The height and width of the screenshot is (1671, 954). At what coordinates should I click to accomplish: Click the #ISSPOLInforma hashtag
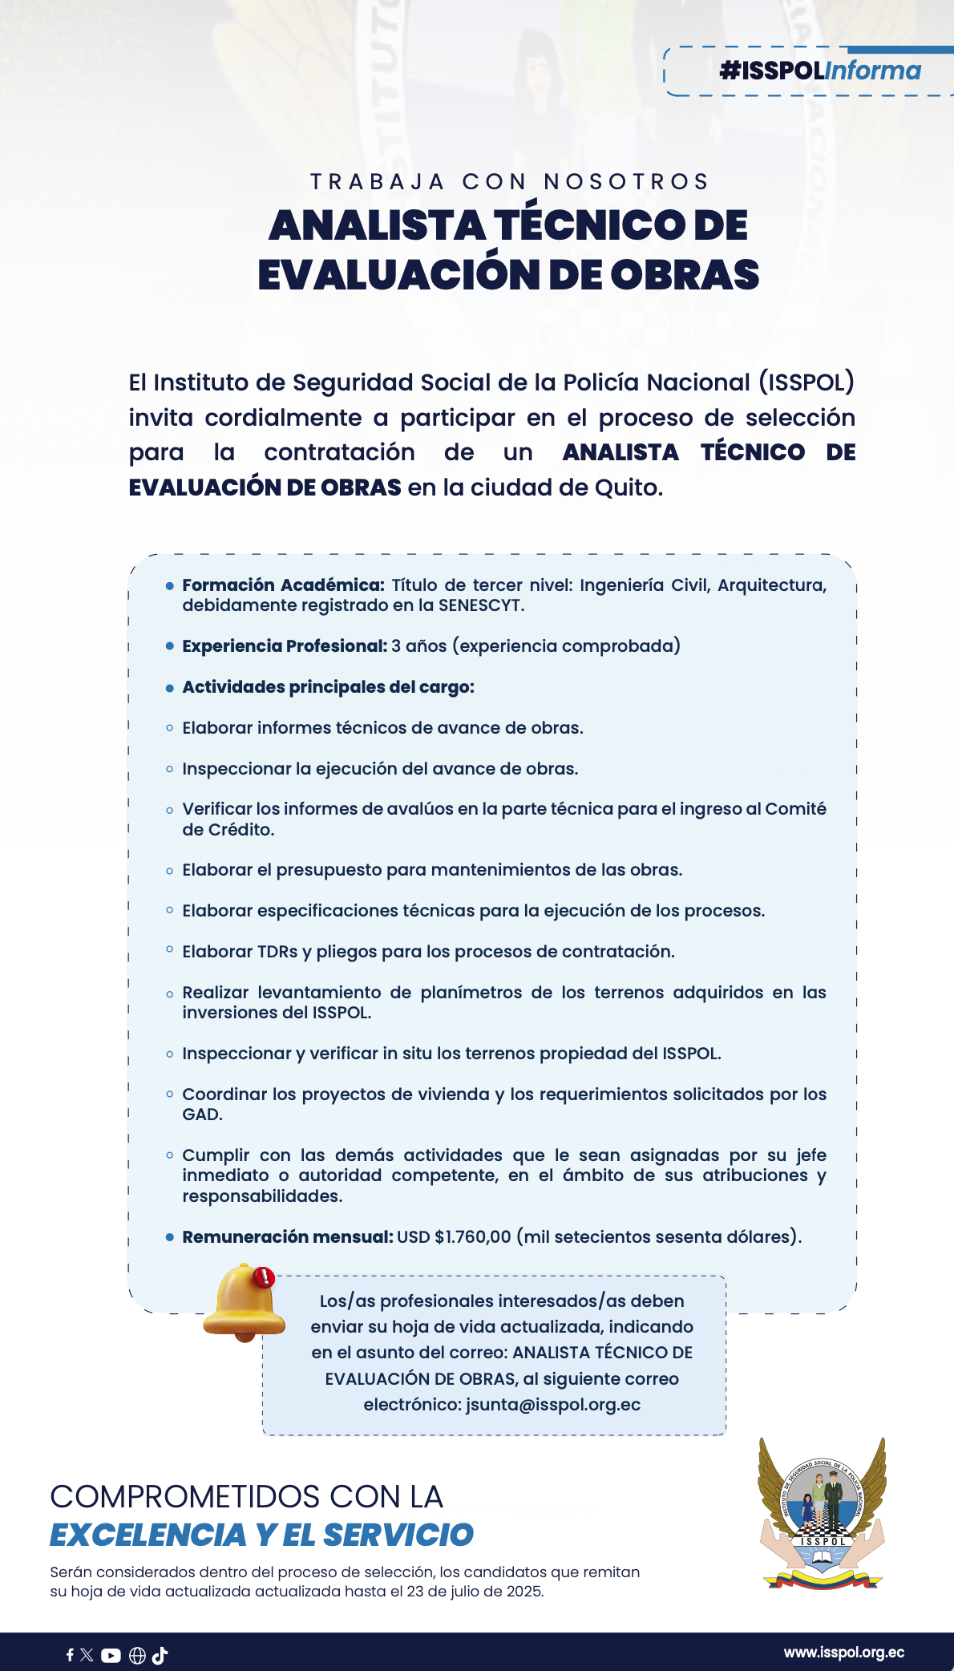click(x=820, y=71)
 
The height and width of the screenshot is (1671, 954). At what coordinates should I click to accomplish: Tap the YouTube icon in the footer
click(x=111, y=1655)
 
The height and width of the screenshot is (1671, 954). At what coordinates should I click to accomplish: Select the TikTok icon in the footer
click(x=160, y=1655)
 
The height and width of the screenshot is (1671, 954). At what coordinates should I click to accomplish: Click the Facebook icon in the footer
click(x=70, y=1655)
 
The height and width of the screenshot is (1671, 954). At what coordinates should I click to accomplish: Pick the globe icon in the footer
click(x=137, y=1655)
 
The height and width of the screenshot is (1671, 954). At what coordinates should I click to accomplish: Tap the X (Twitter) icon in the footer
click(x=87, y=1655)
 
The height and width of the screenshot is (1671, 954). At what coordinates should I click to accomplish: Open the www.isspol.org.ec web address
click(x=844, y=1653)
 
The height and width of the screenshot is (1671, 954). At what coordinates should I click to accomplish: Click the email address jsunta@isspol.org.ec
click(x=553, y=1405)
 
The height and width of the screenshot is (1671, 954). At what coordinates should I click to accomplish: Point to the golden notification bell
click(x=243, y=1302)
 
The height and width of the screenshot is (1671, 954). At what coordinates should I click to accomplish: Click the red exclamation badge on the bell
click(x=264, y=1277)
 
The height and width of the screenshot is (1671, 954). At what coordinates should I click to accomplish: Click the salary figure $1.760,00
click(x=473, y=1237)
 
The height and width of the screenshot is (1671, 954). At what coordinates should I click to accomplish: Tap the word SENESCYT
click(x=480, y=605)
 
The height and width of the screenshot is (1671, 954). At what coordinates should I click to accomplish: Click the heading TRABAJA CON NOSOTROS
click(x=510, y=182)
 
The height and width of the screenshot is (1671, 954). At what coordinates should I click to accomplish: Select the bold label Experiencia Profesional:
click(x=285, y=646)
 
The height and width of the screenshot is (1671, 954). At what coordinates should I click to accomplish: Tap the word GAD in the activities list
click(x=200, y=1115)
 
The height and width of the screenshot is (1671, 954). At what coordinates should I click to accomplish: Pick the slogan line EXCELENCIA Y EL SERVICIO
click(x=261, y=1535)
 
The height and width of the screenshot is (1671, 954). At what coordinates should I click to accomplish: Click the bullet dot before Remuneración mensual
click(x=170, y=1237)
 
